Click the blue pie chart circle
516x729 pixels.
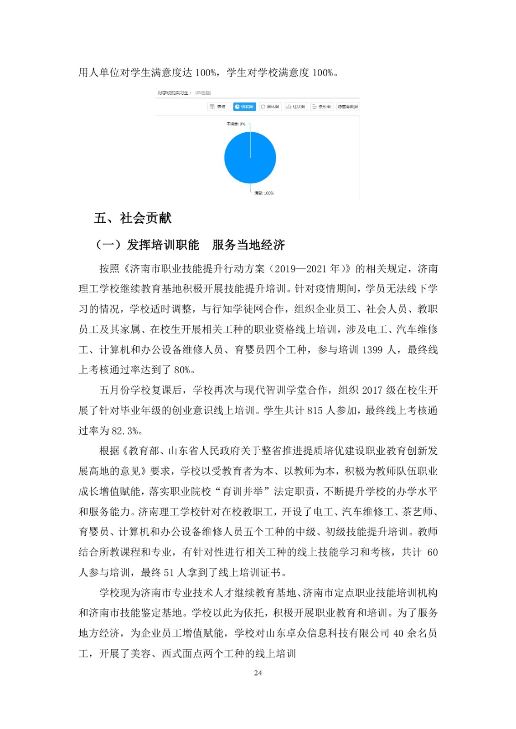[x=250, y=158]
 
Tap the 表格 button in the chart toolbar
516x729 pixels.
[x=218, y=107]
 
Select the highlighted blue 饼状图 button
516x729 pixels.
[x=244, y=107]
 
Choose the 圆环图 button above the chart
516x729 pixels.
[x=270, y=107]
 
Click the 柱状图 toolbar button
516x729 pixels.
[x=296, y=107]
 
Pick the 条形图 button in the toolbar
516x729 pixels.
[x=322, y=107]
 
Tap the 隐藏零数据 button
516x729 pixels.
[x=348, y=107]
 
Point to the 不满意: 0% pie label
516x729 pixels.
[x=236, y=124]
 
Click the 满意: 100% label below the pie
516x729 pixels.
[x=264, y=193]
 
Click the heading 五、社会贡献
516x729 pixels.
[x=133, y=218]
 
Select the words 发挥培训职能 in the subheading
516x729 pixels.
[x=163, y=245]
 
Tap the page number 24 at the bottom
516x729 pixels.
[x=258, y=673]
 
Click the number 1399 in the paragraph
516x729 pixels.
[x=372, y=350]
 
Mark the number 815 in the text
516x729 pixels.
[x=315, y=411]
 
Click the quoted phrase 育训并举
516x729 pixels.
[x=243, y=492]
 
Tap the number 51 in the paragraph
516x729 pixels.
[x=169, y=573]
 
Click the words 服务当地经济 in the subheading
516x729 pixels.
[x=248, y=245]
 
